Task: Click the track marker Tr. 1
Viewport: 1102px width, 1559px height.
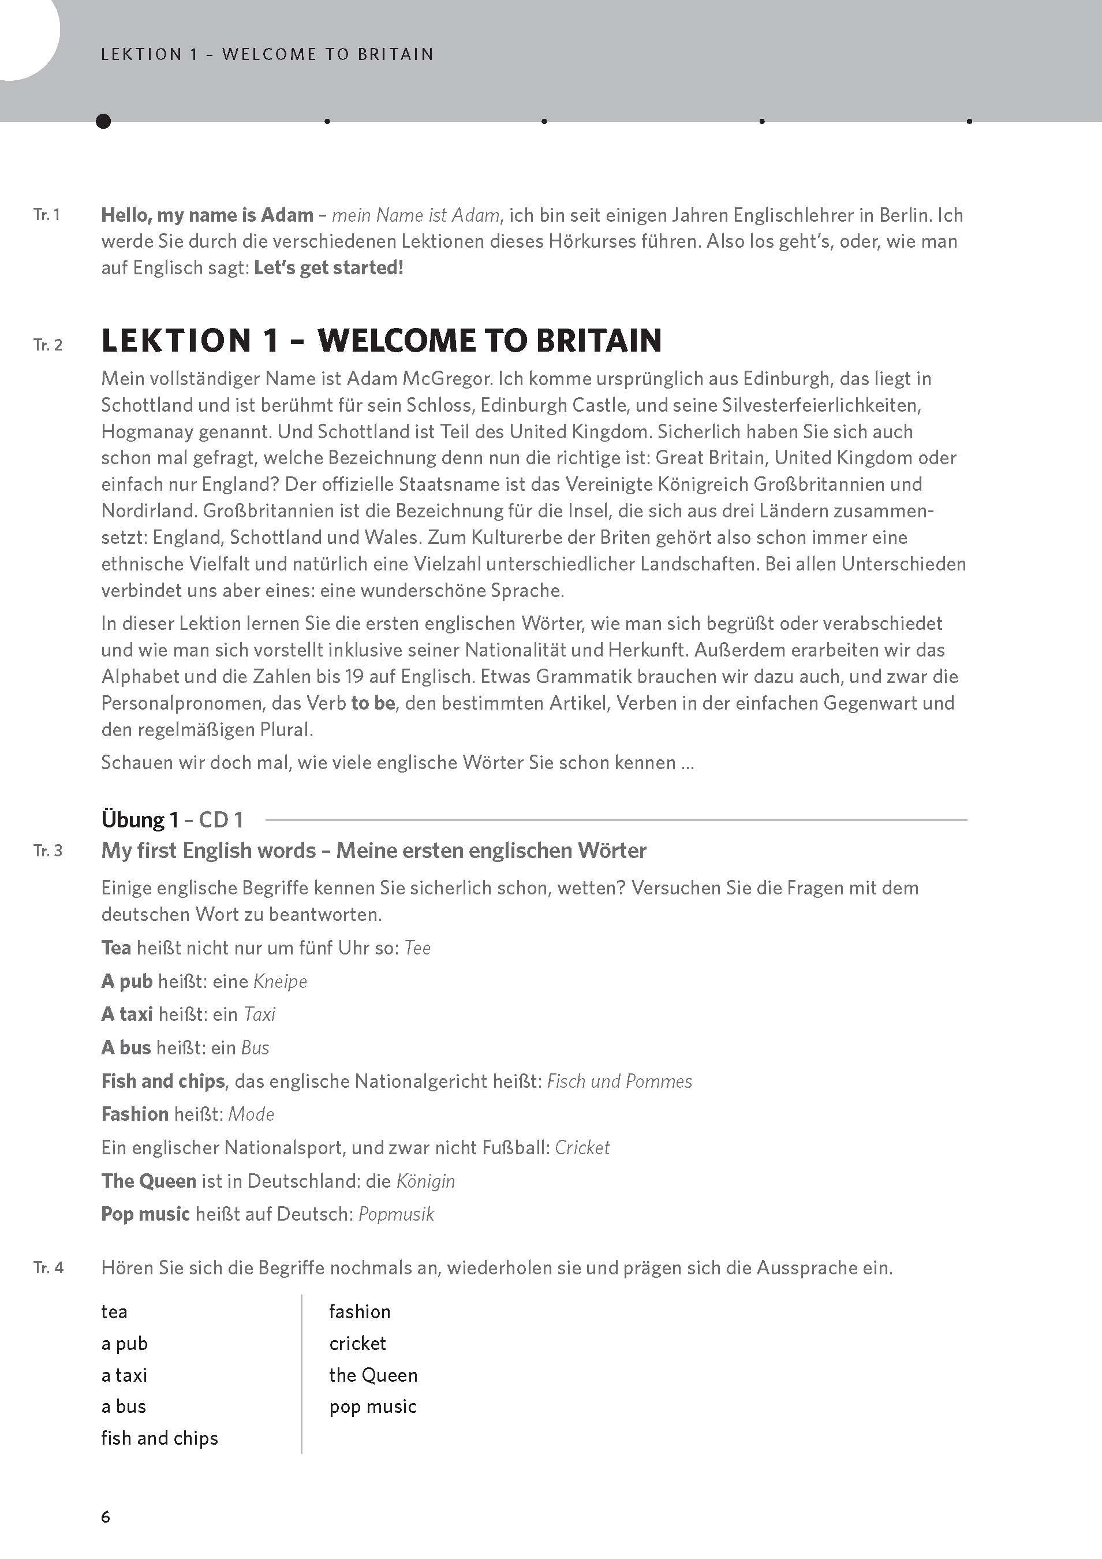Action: click(x=47, y=215)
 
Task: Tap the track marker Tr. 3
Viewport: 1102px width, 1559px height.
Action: click(x=47, y=851)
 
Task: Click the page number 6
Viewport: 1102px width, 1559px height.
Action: click(x=105, y=1516)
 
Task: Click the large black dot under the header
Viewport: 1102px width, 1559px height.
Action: click(x=103, y=121)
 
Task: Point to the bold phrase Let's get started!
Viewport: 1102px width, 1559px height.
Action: click(x=328, y=267)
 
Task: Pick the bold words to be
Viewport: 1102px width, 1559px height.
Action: click(x=373, y=703)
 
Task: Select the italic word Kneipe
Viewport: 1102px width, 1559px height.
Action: click(x=280, y=981)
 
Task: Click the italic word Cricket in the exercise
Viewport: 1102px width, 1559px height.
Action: click(x=582, y=1147)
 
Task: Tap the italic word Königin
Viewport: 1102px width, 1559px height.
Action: click(x=425, y=1181)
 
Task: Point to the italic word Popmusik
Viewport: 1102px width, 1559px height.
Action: click(x=396, y=1214)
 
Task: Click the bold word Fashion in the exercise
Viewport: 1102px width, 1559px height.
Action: click(x=135, y=1114)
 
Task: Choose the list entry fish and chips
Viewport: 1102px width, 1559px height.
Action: click(x=159, y=1438)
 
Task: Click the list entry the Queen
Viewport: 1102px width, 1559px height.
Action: click(x=373, y=1375)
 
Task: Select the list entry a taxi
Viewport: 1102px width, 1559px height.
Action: click(x=124, y=1375)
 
